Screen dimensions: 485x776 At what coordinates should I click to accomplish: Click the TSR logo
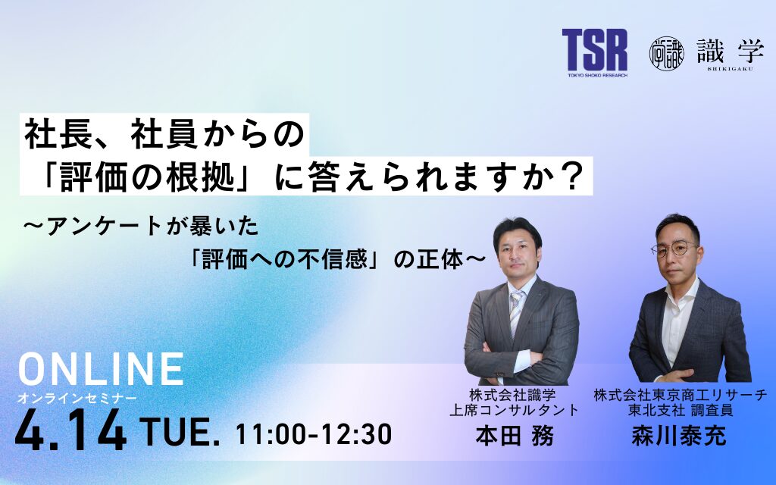click(x=594, y=52)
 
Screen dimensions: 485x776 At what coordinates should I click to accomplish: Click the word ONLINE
click(x=100, y=369)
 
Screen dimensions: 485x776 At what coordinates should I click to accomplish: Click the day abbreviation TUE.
click(x=180, y=434)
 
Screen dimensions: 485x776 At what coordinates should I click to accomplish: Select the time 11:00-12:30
click(x=314, y=434)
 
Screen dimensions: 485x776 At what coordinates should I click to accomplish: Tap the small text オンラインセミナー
click(x=78, y=397)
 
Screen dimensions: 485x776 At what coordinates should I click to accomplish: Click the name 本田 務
click(x=513, y=437)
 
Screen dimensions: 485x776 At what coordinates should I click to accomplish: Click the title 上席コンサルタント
click(x=514, y=410)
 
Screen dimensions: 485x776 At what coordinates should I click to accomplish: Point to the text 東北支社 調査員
click(x=680, y=410)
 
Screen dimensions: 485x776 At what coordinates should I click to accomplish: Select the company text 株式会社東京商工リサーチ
click(x=680, y=394)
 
